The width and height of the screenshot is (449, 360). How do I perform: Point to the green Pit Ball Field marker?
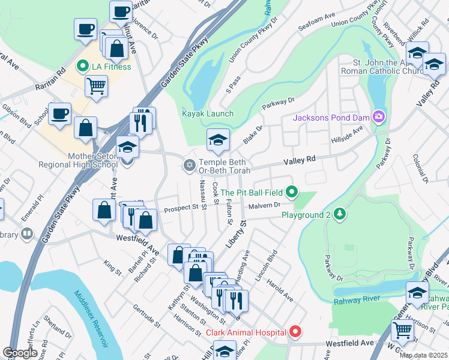(x=292, y=193)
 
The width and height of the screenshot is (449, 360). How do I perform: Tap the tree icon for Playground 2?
(x=340, y=214)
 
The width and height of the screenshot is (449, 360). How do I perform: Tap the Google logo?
(x=20, y=353)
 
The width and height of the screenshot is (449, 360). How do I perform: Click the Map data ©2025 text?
(x=423, y=355)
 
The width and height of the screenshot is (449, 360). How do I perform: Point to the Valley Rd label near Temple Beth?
(x=299, y=160)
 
